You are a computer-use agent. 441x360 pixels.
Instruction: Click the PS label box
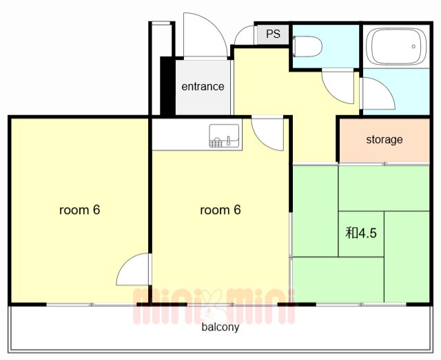(x=273, y=34)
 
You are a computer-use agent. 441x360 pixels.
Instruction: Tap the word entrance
(x=203, y=87)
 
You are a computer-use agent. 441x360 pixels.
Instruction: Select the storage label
(x=384, y=140)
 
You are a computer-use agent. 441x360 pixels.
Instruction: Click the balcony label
(x=220, y=327)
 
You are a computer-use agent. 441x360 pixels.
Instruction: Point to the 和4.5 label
(x=361, y=233)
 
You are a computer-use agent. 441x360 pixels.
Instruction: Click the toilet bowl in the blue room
(x=307, y=46)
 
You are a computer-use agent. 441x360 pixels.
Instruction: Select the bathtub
(x=396, y=46)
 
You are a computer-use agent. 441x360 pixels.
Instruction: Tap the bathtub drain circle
(x=413, y=46)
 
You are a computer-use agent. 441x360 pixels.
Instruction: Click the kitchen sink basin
(x=224, y=136)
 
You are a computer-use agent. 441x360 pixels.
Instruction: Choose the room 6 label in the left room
(x=80, y=210)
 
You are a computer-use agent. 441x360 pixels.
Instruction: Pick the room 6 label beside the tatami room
(x=220, y=210)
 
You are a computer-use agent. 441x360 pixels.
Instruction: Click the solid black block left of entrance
(x=168, y=86)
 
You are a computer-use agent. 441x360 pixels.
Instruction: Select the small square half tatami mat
(x=361, y=234)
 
